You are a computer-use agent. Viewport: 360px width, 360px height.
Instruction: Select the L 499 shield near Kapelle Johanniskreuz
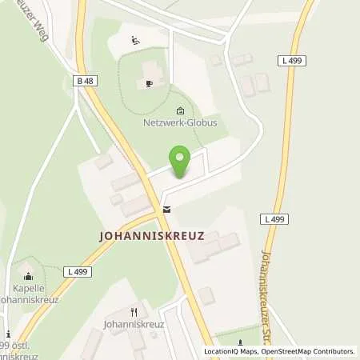pos(80,272)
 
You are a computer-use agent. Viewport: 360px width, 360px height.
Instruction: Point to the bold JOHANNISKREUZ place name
pos(152,236)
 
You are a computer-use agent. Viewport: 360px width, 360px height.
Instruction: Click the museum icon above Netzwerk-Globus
pos(180,111)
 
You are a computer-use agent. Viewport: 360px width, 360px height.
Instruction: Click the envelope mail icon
pos(166,210)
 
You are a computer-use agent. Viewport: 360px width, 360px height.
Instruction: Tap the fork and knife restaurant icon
pos(134,312)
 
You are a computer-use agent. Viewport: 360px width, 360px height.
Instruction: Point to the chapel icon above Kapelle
pos(31,272)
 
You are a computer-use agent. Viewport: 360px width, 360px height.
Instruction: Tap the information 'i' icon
pos(8,334)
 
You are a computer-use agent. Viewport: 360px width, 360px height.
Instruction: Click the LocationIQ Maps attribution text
pos(231,351)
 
